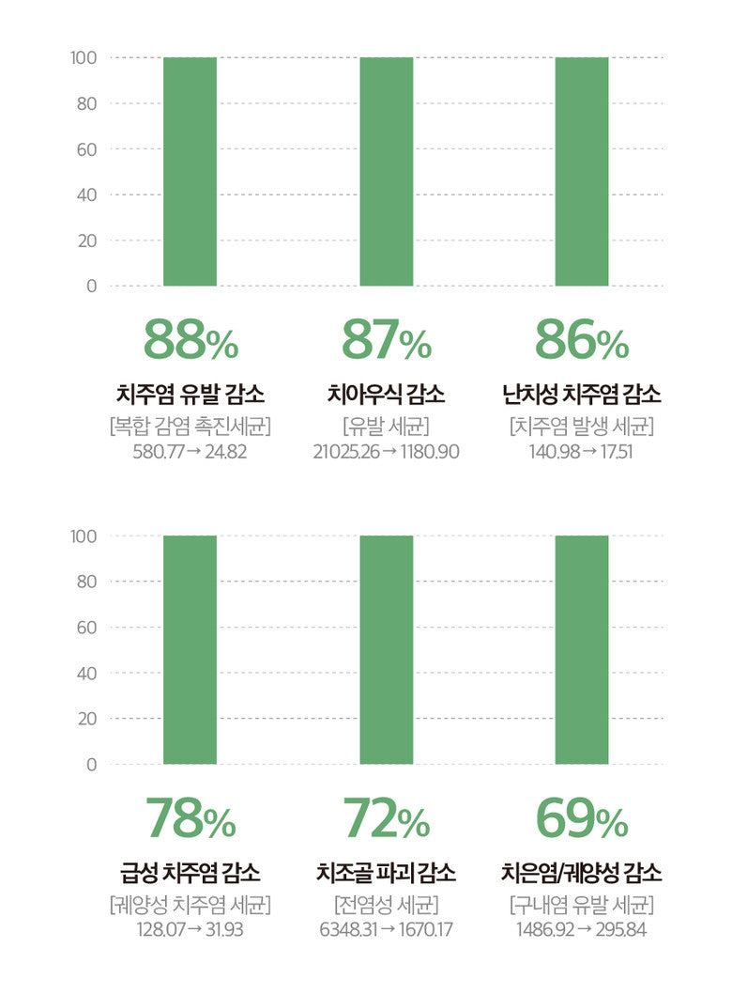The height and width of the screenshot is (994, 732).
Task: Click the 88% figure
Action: pyautogui.click(x=191, y=340)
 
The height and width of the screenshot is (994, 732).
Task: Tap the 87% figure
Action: pyautogui.click(x=386, y=340)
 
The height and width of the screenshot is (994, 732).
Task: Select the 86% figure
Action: pyautogui.click(x=581, y=340)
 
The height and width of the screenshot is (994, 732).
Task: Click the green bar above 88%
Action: pyautogui.click(x=190, y=171)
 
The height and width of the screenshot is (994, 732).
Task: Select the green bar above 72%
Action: pyautogui.click(x=386, y=649)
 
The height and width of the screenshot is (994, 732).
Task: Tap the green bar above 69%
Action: pyautogui.click(x=581, y=649)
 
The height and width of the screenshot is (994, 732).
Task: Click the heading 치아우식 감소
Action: pyautogui.click(x=386, y=394)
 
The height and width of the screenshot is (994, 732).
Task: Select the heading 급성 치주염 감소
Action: pyautogui.click(x=191, y=873)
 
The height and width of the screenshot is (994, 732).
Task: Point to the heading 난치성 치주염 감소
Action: pyautogui.click(x=581, y=394)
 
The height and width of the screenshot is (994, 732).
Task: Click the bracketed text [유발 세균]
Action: pyautogui.click(x=386, y=426)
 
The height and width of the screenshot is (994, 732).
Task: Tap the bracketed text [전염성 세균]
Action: pyautogui.click(x=386, y=905)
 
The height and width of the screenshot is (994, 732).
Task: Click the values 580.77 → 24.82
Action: pyautogui.click(x=191, y=452)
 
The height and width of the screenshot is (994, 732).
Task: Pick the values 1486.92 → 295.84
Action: pyautogui.click(x=581, y=930)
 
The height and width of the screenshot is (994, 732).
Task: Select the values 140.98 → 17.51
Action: pyautogui.click(x=581, y=452)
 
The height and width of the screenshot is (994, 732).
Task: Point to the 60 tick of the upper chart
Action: pyautogui.click(x=86, y=148)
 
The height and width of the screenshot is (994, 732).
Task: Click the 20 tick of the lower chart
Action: pyautogui.click(x=86, y=719)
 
